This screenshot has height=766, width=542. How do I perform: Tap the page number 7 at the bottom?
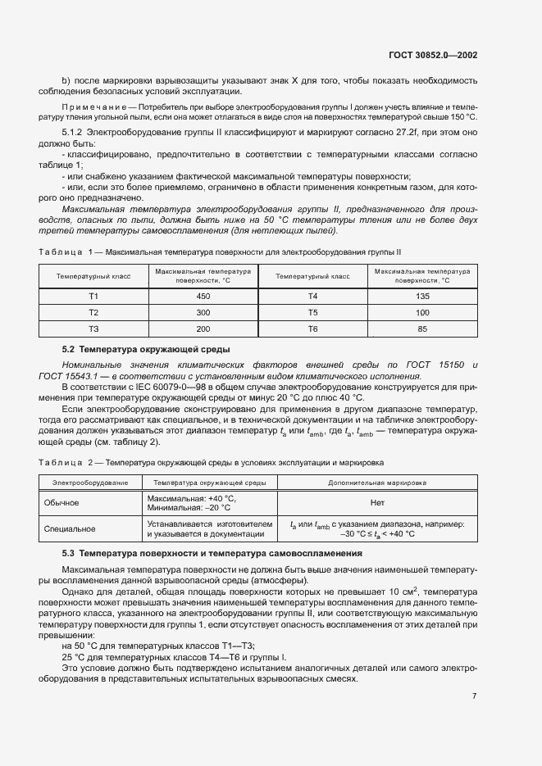[475, 696]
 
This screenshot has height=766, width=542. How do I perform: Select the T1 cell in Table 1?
[93, 296]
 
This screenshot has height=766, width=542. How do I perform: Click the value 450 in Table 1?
[203, 296]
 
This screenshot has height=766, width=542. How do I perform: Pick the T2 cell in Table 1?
[93, 313]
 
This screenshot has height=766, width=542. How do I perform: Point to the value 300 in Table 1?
[203, 313]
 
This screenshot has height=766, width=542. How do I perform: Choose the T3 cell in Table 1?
[93, 329]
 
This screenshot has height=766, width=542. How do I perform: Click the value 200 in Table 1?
[203, 329]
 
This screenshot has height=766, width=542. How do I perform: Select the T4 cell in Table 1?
[312, 296]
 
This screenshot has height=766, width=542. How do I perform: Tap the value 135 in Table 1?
[422, 296]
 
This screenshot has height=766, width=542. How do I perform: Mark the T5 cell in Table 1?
[312, 313]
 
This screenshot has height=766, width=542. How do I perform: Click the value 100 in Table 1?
[422, 313]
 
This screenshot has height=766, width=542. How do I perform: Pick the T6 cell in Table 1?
[312, 329]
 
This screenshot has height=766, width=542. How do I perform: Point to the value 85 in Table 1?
[422, 329]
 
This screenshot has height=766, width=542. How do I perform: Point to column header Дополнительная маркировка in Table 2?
[377, 483]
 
